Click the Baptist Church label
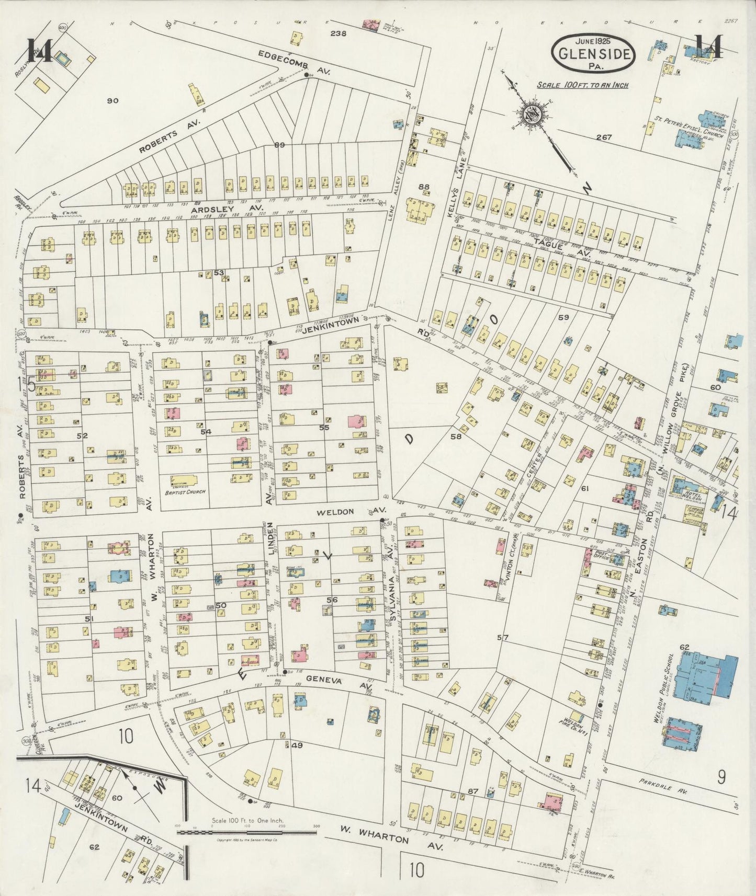(x=187, y=491)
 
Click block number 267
(x=604, y=137)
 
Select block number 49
(x=296, y=745)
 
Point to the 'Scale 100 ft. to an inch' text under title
(x=582, y=85)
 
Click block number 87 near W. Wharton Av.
(x=473, y=791)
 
